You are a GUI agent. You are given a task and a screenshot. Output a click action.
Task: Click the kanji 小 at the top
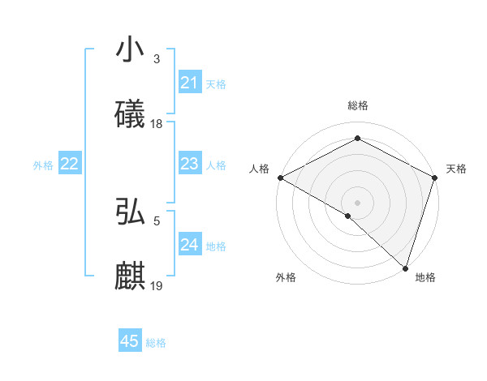pos(130,49)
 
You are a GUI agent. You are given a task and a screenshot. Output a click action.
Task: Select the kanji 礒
pos(130,113)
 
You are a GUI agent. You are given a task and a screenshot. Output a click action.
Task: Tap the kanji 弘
pos(130,212)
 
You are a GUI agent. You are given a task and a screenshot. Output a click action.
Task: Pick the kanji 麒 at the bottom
pos(130,276)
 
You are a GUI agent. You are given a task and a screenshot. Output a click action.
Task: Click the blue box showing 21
pos(189,83)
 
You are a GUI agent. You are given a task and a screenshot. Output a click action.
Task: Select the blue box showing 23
pos(189,164)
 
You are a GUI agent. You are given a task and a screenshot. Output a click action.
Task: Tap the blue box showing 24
pos(189,245)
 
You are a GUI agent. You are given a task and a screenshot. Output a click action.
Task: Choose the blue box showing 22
pos(69,164)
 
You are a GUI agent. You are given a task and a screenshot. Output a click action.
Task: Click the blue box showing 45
pos(130,341)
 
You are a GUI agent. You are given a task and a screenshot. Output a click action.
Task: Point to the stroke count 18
pos(157,124)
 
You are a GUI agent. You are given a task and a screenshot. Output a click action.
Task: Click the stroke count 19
pos(157,286)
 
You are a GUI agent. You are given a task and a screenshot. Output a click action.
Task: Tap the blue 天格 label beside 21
pos(216,83)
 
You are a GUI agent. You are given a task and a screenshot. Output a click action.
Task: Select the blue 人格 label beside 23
pos(216,165)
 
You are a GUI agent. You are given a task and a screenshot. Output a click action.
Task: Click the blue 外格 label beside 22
pos(43,165)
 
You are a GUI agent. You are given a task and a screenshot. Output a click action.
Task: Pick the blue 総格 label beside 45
pos(156,342)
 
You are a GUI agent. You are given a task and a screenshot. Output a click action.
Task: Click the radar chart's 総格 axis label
pos(357,105)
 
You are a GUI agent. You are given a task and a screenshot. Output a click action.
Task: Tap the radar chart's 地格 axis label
pos(425,277)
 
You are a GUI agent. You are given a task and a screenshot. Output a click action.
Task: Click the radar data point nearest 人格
pos(280,178)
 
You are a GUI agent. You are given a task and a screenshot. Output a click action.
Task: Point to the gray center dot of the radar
pos(357,202)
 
